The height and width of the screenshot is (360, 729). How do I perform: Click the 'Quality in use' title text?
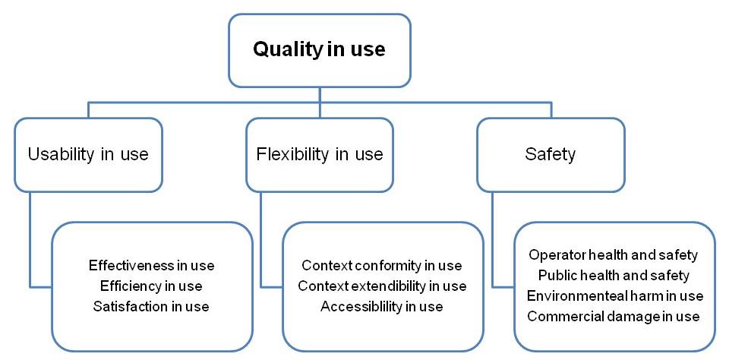click(319, 49)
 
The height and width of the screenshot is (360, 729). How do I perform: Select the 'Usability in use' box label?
click(88, 154)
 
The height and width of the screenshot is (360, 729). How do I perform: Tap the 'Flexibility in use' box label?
click(320, 154)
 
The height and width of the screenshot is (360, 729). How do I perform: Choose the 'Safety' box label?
click(551, 154)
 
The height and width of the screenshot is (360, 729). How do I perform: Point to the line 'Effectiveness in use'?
click(152, 266)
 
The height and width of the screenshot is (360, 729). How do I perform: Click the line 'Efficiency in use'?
click(151, 286)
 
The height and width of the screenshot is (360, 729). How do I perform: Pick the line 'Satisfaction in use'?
click(151, 307)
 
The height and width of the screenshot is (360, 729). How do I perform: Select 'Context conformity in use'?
click(382, 266)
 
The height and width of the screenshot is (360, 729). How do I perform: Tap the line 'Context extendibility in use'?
click(382, 286)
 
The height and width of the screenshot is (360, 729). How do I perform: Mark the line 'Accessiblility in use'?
click(382, 307)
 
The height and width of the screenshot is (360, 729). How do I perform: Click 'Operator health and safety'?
click(614, 255)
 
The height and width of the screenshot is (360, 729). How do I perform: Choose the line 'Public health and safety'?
click(614, 276)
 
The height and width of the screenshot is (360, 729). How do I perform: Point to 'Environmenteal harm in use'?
click(615, 295)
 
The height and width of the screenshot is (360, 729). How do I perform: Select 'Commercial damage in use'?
click(614, 316)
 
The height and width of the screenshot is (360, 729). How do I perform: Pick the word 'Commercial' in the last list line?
click(562, 316)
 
